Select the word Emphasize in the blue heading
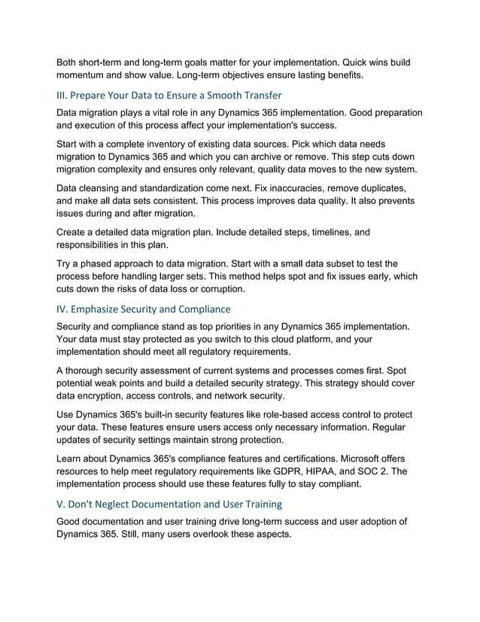103,309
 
